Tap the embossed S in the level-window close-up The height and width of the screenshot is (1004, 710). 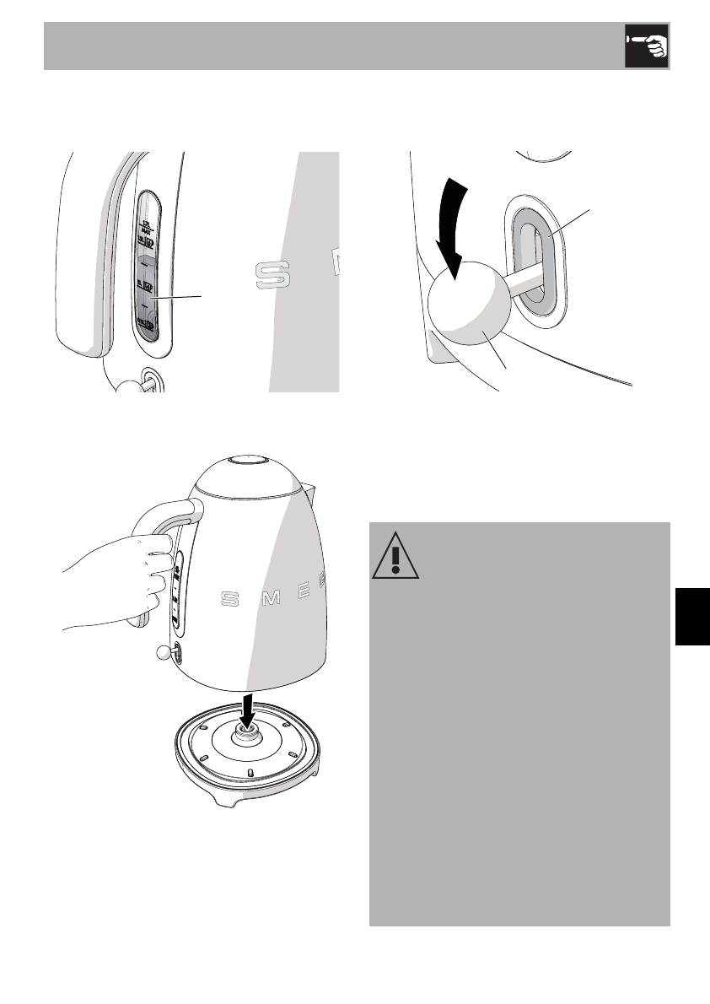click(272, 273)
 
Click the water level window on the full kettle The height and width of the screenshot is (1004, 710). click(177, 591)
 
